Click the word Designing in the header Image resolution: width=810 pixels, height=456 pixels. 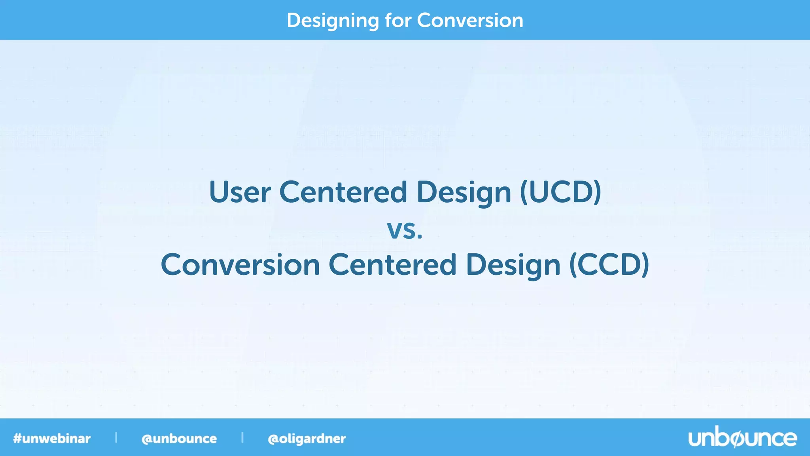coord(332,21)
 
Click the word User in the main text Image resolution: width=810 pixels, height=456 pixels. coord(240,192)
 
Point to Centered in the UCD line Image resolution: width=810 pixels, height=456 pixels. coord(343,192)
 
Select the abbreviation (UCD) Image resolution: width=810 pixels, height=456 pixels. coord(560,192)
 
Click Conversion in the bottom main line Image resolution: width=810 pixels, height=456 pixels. coord(240,265)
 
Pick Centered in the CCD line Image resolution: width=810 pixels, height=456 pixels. coord(392,265)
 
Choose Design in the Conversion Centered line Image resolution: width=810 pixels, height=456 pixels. coord(513,266)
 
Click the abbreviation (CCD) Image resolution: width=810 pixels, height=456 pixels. coord(609,265)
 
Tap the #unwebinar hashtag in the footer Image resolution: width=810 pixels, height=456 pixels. coord(52,439)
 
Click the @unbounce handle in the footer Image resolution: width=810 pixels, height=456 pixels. coord(179,439)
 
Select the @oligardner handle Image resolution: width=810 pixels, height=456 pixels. coord(307,439)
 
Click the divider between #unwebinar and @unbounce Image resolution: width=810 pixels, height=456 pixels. coord(116,437)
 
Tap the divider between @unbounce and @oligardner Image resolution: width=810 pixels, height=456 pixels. coord(242,437)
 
